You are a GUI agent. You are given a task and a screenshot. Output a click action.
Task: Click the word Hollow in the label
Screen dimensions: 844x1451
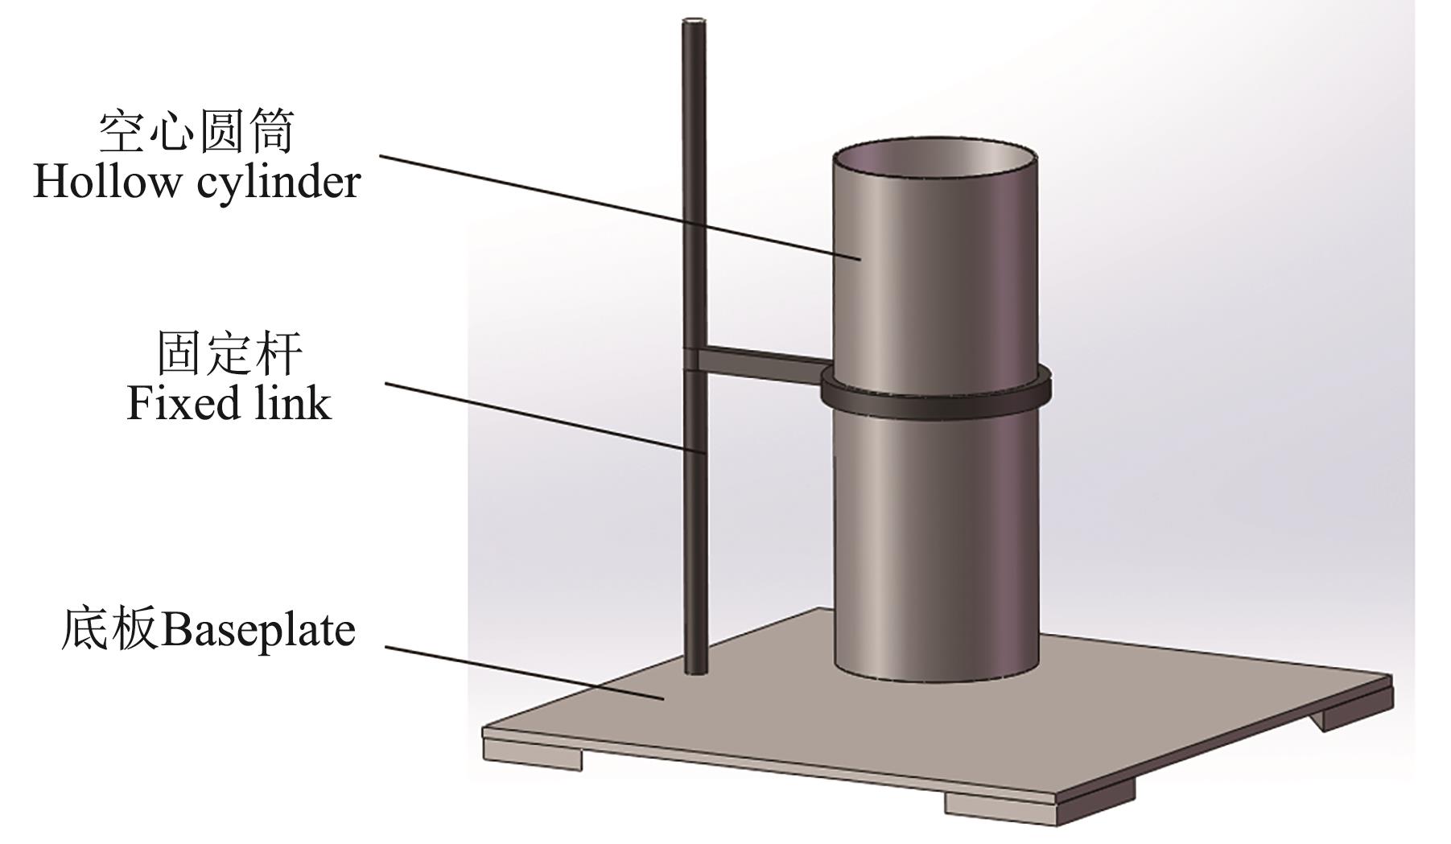(x=106, y=182)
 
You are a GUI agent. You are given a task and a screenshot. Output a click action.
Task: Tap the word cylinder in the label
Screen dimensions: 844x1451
(x=278, y=183)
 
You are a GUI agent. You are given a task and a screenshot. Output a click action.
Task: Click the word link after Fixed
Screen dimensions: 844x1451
(x=291, y=402)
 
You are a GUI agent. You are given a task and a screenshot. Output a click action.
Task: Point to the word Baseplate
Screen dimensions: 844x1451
(x=258, y=629)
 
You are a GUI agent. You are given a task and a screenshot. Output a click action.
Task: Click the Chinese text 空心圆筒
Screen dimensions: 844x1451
(x=197, y=131)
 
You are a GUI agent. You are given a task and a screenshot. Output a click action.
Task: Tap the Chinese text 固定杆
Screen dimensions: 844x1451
(x=229, y=352)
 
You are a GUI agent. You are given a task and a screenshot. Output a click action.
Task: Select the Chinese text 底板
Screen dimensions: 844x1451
(x=109, y=629)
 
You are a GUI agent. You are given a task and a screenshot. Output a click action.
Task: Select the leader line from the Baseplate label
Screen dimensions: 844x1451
(x=523, y=672)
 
